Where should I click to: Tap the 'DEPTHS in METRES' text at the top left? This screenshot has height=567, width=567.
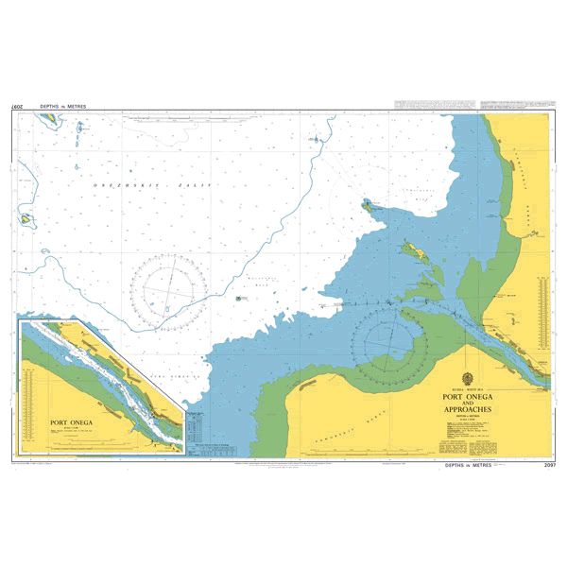[x=62, y=107]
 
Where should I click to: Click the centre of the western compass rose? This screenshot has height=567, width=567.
[x=170, y=282]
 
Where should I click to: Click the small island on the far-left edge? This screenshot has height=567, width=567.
[x=26, y=218]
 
